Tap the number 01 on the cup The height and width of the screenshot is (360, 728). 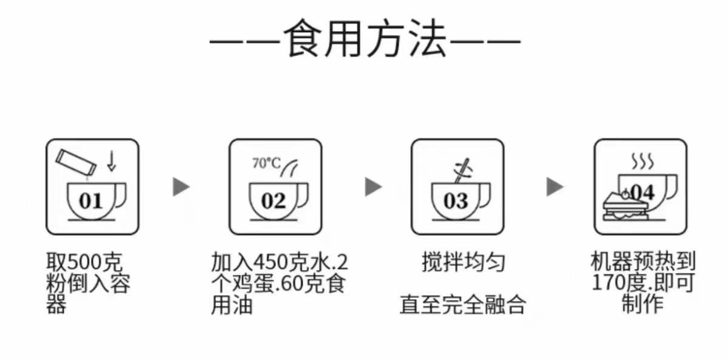click(x=90, y=200)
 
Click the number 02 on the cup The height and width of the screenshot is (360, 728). click(x=273, y=200)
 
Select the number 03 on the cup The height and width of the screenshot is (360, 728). click(x=456, y=200)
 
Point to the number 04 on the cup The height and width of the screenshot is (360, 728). click(x=642, y=193)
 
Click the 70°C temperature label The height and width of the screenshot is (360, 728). click(x=266, y=163)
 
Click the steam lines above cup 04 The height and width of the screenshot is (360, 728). click(x=642, y=161)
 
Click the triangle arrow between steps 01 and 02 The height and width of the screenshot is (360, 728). click(x=181, y=187)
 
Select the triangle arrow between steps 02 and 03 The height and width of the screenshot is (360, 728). click(x=372, y=187)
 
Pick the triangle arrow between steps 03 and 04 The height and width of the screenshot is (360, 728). click(x=554, y=187)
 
